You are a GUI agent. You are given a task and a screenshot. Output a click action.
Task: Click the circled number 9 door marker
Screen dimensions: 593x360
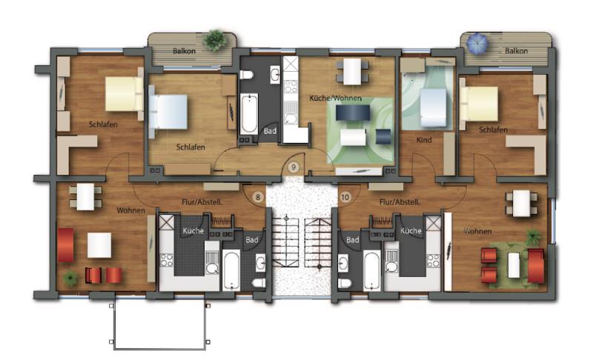click(294, 167)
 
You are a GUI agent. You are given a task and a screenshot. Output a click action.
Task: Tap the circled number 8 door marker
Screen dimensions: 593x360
click(258, 197)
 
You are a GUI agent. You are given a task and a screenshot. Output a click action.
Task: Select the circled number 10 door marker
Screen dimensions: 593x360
click(345, 197)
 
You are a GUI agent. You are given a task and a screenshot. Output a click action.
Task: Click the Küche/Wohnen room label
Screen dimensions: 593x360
click(336, 99)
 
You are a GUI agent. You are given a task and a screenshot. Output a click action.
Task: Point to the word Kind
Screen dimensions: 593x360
click(424, 140)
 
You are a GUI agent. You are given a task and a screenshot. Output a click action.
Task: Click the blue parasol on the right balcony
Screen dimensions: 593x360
click(477, 44)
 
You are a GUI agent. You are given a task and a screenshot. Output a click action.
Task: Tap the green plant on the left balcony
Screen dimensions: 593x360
click(215, 40)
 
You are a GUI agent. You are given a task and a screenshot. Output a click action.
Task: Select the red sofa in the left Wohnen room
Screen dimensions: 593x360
click(65, 244)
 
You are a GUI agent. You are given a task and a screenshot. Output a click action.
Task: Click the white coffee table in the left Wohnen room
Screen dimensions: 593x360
click(99, 245)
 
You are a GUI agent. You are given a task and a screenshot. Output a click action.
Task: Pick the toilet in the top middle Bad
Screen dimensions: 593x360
click(246, 74)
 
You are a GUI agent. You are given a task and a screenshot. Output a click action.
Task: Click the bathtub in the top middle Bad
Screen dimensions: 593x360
click(249, 114)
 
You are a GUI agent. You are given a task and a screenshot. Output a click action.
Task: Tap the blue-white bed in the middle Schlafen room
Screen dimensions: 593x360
click(169, 112)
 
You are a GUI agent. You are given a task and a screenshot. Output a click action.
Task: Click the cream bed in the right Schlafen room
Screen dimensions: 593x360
click(479, 104)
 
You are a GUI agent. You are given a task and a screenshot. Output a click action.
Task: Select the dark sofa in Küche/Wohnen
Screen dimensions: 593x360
click(353, 113)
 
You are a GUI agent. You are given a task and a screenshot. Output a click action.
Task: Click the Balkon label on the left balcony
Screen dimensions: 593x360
click(184, 51)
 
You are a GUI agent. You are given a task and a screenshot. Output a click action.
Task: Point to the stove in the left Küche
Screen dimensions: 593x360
click(166, 260)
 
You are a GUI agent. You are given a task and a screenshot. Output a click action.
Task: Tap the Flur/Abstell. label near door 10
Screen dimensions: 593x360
click(400, 202)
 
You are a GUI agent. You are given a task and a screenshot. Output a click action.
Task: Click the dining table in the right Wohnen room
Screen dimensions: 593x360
click(522, 203)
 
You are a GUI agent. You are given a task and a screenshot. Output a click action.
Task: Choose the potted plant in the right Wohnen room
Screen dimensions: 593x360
click(532, 236)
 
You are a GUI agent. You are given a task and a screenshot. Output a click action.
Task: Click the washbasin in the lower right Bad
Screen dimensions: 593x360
click(343, 263)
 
